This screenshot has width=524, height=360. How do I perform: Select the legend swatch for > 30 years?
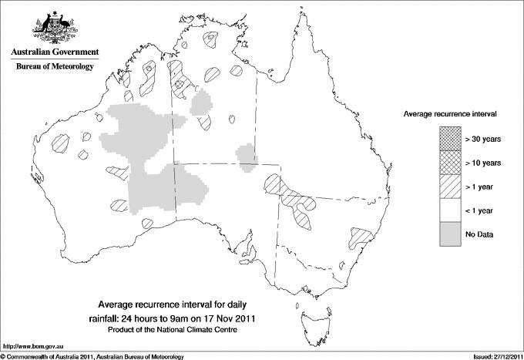(x=451, y=140)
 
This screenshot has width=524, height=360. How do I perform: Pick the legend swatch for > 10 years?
(x=451, y=163)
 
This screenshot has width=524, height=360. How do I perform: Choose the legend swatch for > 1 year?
(x=451, y=187)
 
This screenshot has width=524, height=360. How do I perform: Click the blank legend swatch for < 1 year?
(x=451, y=210)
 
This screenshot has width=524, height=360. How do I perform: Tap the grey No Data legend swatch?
(x=451, y=234)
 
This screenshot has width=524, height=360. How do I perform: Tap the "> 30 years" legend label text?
(x=482, y=140)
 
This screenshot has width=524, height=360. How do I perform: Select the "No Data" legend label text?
(x=479, y=234)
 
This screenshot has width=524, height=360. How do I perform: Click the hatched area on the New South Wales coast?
(x=359, y=236)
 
